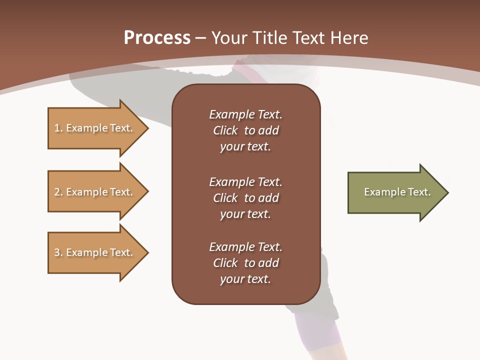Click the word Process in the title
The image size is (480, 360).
click(x=157, y=38)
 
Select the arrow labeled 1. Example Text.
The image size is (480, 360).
click(x=95, y=128)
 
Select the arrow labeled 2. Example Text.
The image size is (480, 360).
click(x=95, y=192)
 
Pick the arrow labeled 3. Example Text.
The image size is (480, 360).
click(x=95, y=252)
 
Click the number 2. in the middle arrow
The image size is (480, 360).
click(x=58, y=192)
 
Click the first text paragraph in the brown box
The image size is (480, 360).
click(x=245, y=130)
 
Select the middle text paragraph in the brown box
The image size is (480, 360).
click(x=245, y=198)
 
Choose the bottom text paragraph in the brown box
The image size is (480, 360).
click(x=245, y=263)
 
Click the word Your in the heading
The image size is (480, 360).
click(x=229, y=38)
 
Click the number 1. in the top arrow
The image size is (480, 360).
click(x=58, y=128)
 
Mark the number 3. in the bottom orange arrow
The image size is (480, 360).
click(x=58, y=252)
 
